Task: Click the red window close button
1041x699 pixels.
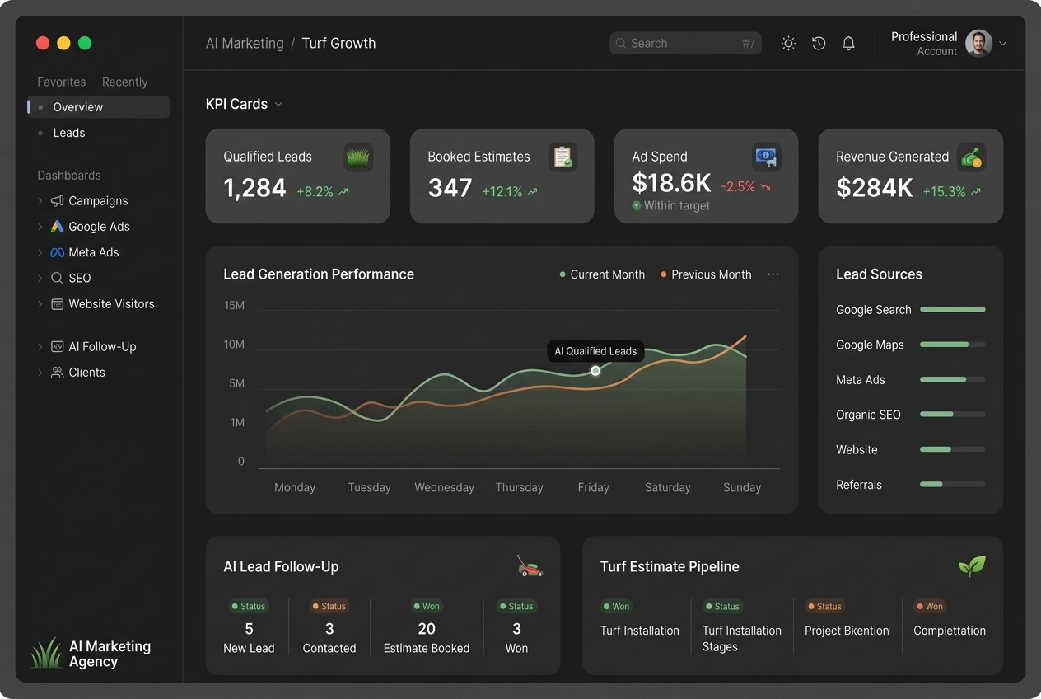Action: (x=43, y=43)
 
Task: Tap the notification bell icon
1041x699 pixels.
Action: (x=848, y=43)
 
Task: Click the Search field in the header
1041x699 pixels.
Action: (x=685, y=43)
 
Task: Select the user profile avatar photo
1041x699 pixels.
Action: (x=978, y=43)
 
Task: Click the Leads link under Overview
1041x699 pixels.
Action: (x=69, y=133)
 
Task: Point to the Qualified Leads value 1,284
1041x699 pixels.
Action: (x=254, y=188)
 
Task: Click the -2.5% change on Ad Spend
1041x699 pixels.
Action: (x=738, y=186)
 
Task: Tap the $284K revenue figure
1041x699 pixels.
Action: (x=874, y=188)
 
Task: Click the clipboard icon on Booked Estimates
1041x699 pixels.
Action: (x=563, y=157)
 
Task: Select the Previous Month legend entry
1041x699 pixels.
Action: (x=706, y=274)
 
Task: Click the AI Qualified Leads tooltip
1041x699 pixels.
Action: (x=595, y=351)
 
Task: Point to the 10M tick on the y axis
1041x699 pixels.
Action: (x=234, y=345)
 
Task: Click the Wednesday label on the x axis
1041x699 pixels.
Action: (x=444, y=487)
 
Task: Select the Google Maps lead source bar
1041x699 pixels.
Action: (x=952, y=345)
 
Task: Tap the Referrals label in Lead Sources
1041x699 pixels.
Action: (x=858, y=485)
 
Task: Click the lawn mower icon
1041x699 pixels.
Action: (x=530, y=566)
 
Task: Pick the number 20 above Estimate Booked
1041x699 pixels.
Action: (x=426, y=629)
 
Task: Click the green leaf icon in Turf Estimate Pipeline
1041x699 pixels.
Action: (x=972, y=566)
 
